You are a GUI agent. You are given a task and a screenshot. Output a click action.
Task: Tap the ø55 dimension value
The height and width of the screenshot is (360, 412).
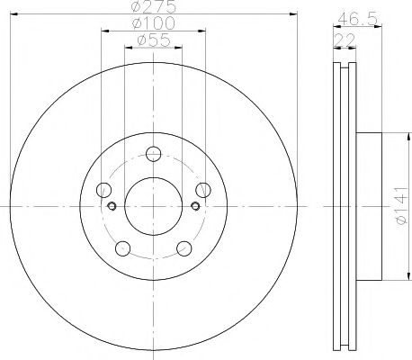click(153, 41)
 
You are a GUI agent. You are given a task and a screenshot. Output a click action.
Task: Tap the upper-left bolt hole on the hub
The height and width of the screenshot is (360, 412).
click(104, 190)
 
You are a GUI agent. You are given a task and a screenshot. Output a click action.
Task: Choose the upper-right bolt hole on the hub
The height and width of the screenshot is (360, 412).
click(204, 190)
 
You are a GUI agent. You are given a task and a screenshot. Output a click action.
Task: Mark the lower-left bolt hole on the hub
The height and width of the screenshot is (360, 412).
click(122, 249)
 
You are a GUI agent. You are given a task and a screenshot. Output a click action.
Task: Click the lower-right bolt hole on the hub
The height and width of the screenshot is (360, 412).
click(184, 249)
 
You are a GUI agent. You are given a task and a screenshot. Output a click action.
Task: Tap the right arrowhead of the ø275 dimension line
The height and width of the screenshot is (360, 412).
click(292, 14)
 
